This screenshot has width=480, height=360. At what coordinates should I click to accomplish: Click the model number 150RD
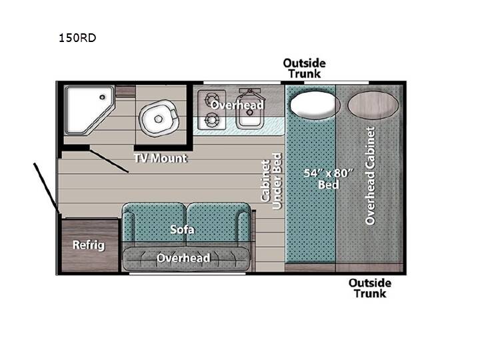click(77, 37)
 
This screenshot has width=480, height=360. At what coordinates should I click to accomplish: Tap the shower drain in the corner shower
click(102, 97)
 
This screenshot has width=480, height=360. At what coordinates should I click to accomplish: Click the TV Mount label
click(160, 158)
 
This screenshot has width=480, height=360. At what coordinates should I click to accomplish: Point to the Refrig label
click(89, 245)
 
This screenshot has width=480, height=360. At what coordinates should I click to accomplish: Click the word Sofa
click(182, 229)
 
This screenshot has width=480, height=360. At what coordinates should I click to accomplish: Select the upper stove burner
click(212, 99)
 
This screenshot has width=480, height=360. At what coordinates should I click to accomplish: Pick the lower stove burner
click(212, 120)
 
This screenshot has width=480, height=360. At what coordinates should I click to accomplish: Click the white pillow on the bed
click(315, 105)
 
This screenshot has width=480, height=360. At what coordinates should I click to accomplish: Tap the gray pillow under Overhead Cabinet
click(373, 105)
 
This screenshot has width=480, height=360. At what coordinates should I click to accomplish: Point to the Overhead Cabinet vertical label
click(370, 176)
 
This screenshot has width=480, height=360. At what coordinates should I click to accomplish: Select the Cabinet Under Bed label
click(271, 181)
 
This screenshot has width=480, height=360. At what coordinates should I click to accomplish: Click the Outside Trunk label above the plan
click(304, 68)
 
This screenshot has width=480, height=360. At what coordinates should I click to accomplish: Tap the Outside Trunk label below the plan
click(370, 288)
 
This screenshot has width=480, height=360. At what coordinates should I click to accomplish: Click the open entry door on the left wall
click(46, 187)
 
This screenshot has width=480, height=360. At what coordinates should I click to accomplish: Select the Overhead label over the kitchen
click(237, 105)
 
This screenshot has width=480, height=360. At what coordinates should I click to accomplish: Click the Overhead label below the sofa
click(184, 258)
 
